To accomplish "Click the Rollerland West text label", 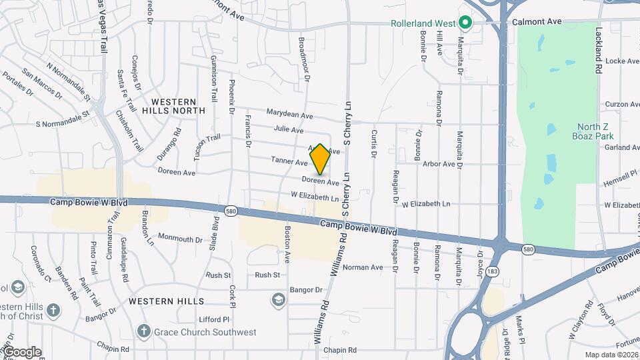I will click(x=423, y=23).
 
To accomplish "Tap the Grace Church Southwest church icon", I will click(x=143, y=331).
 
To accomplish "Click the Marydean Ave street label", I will click(x=289, y=115).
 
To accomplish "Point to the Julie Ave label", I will click(x=289, y=129).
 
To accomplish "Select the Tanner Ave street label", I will click(x=289, y=161).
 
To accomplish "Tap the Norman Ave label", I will click(x=363, y=267).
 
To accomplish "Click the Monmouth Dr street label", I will click(x=180, y=239).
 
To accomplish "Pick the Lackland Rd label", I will click(x=599, y=50).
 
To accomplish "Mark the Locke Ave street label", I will click(x=622, y=61).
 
